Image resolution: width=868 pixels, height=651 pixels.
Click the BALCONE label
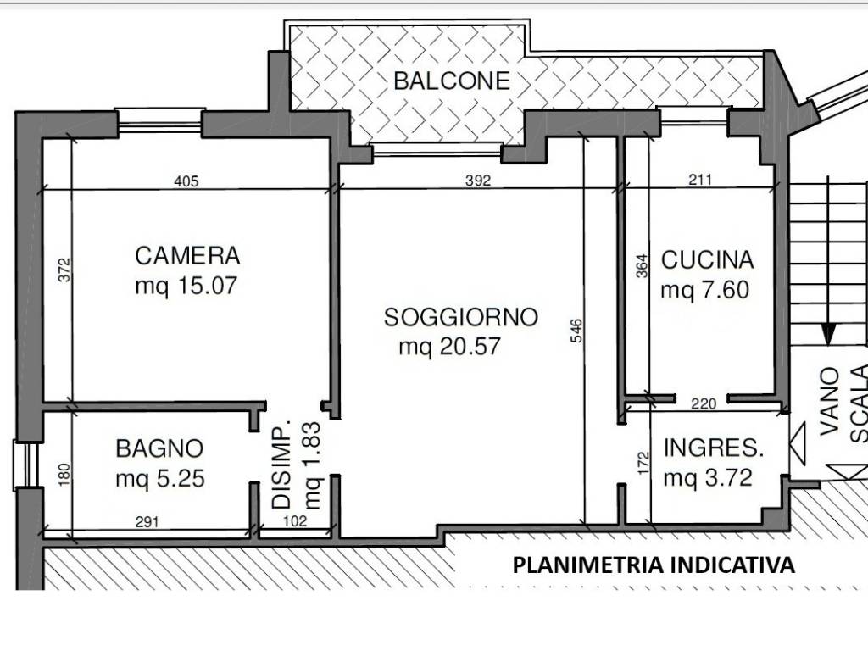coord(451,81)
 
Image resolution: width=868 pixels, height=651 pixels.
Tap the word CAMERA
coord(187,256)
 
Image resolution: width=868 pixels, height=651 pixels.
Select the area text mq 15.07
coord(186,286)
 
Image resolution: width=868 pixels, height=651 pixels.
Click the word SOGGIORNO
coord(460,317)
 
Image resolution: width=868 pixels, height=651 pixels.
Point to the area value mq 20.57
coord(449,347)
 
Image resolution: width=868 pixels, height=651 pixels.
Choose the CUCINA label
coord(708,260)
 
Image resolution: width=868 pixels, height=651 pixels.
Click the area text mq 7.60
coord(704,290)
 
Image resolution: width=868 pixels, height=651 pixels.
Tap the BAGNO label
coord(159,448)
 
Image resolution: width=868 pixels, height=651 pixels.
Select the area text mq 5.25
coord(160,478)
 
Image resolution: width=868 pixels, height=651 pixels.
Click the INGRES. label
coord(714,448)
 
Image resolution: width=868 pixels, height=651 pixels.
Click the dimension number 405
coord(186,181)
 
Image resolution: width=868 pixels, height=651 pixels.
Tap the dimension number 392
coord(478,181)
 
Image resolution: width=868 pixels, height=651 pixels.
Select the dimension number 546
coord(576,331)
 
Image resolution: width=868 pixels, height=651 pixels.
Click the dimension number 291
coord(147,521)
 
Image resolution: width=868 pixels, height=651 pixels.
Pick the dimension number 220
coord(704,404)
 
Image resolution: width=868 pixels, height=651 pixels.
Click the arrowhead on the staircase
coord(828,333)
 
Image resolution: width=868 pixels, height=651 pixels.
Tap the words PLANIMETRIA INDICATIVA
coord(654,565)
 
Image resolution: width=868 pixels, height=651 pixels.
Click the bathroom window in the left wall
coord(25,465)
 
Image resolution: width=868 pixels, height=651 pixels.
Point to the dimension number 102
coord(294,521)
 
